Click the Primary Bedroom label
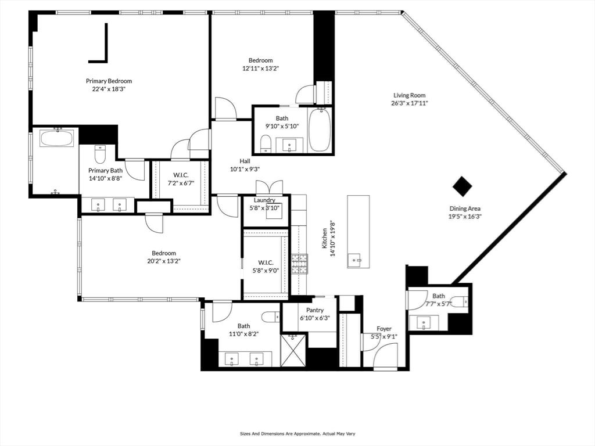[109, 81]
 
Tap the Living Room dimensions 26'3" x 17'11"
[410, 103]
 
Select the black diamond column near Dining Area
[462, 186]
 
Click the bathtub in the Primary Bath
[57, 138]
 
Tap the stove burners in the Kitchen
[299, 264]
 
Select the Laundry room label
[264, 200]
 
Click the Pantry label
[314, 310]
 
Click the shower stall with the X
[293, 350]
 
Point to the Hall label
[245, 161]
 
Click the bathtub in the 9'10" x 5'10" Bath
[321, 130]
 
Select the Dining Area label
[465, 208]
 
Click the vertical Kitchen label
[324, 238]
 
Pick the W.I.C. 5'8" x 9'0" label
[266, 266]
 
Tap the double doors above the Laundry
[269, 188]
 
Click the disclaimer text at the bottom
[297, 433]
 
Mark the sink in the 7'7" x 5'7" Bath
[423, 323]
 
